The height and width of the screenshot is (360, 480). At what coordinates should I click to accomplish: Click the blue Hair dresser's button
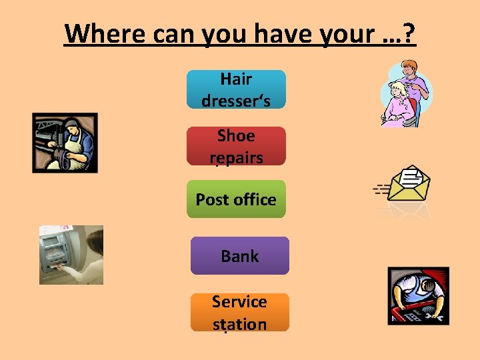[x=236, y=89]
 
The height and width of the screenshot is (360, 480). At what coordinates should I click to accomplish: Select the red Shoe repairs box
[x=236, y=146]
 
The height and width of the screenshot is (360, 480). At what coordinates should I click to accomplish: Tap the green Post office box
[x=236, y=199]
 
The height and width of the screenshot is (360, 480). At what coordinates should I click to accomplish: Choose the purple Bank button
[x=240, y=255]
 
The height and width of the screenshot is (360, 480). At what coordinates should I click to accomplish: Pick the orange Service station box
[x=240, y=312]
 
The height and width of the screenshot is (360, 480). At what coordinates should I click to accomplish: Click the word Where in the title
[x=105, y=33]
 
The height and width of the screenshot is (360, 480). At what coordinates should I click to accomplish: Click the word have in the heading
[x=284, y=33]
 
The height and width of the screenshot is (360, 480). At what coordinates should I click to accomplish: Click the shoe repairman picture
[x=65, y=143]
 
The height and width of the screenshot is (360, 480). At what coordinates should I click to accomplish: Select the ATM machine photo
[x=71, y=255]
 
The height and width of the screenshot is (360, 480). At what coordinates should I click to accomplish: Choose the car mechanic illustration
[x=419, y=296]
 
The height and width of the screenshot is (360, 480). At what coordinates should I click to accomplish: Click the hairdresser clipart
[x=406, y=94]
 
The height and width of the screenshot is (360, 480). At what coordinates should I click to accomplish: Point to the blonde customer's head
[x=397, y=89]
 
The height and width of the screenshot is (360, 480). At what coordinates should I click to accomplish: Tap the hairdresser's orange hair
[x=409, y=65]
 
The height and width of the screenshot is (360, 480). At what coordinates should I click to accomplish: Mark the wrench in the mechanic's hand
[x=435, y=317]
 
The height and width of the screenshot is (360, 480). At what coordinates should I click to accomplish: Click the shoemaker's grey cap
[x=71, y=123]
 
